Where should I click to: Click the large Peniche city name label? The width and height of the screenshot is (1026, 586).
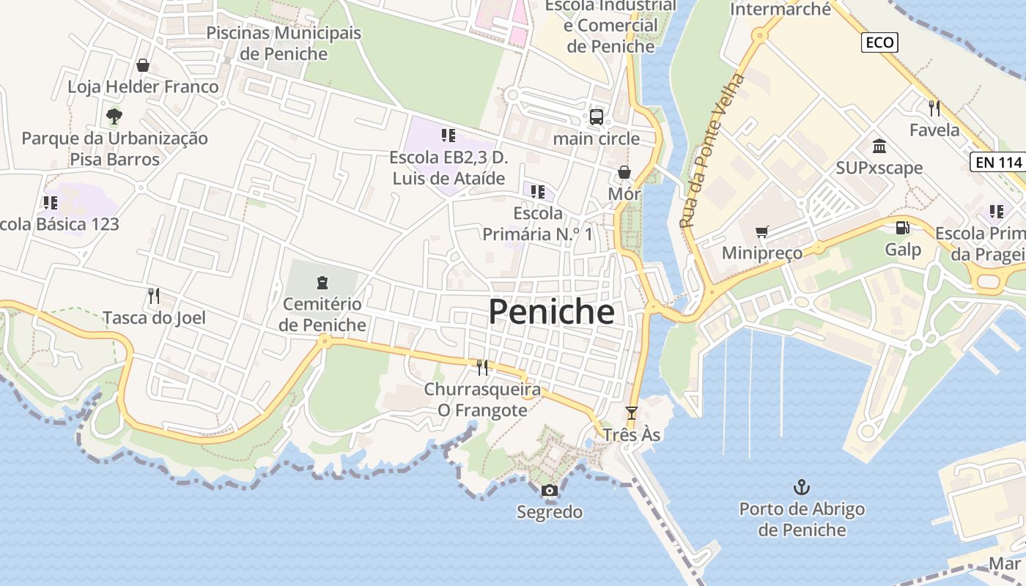(x=551, y=312)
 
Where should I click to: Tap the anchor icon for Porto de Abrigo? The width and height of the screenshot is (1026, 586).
(x=802, y=487)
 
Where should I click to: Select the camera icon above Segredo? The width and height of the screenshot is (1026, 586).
(x=549, y=491)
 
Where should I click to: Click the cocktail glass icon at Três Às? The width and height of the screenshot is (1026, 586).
(x=632, y=413)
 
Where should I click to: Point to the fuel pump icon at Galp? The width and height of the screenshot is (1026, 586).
(x=902, y=228)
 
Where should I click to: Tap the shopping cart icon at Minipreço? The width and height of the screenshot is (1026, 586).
(x=762, y=231)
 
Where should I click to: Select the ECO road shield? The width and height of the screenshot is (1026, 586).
(x=879, y=42)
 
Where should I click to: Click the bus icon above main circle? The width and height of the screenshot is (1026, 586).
(x=596, y=117)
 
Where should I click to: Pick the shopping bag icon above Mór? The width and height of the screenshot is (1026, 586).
(x=624, y=172)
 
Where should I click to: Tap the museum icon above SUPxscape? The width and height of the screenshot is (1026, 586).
(x=879, y=146)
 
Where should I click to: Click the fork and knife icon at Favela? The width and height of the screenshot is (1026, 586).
(x=934, y=108)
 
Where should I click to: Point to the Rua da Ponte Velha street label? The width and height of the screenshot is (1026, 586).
(x=712, y=150)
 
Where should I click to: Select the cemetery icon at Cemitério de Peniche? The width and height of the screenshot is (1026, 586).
(x=322, y=282)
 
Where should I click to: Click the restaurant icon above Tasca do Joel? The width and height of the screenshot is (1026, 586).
(x=154, y=296)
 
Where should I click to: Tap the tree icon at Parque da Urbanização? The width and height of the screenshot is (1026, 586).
(x=114, y=116)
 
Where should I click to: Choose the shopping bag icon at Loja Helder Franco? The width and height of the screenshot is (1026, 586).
(x=143, y=65)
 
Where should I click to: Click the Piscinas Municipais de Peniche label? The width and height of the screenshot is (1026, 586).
(x=284, y=43)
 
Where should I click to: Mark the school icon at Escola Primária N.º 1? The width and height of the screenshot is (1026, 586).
(x=538, y=192)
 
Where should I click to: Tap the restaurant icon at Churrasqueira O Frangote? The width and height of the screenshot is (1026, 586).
(x=482, y=367)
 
